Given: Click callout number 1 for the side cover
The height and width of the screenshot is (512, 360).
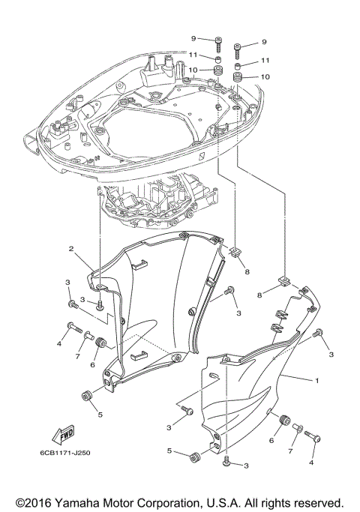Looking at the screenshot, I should (x=316, y=380).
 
